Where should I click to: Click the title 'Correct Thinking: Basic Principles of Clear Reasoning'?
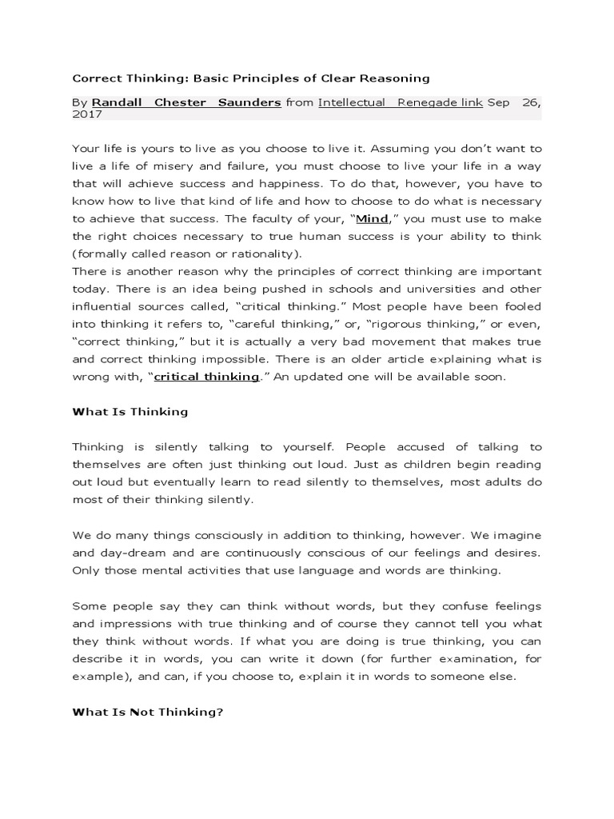pos(251,78)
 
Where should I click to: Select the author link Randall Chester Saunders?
pos(186,102)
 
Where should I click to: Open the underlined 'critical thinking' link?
pos(206,376)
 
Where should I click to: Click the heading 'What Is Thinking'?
pos(130,412)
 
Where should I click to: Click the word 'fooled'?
pos(523,306)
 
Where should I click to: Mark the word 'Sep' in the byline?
pos(497,102)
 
